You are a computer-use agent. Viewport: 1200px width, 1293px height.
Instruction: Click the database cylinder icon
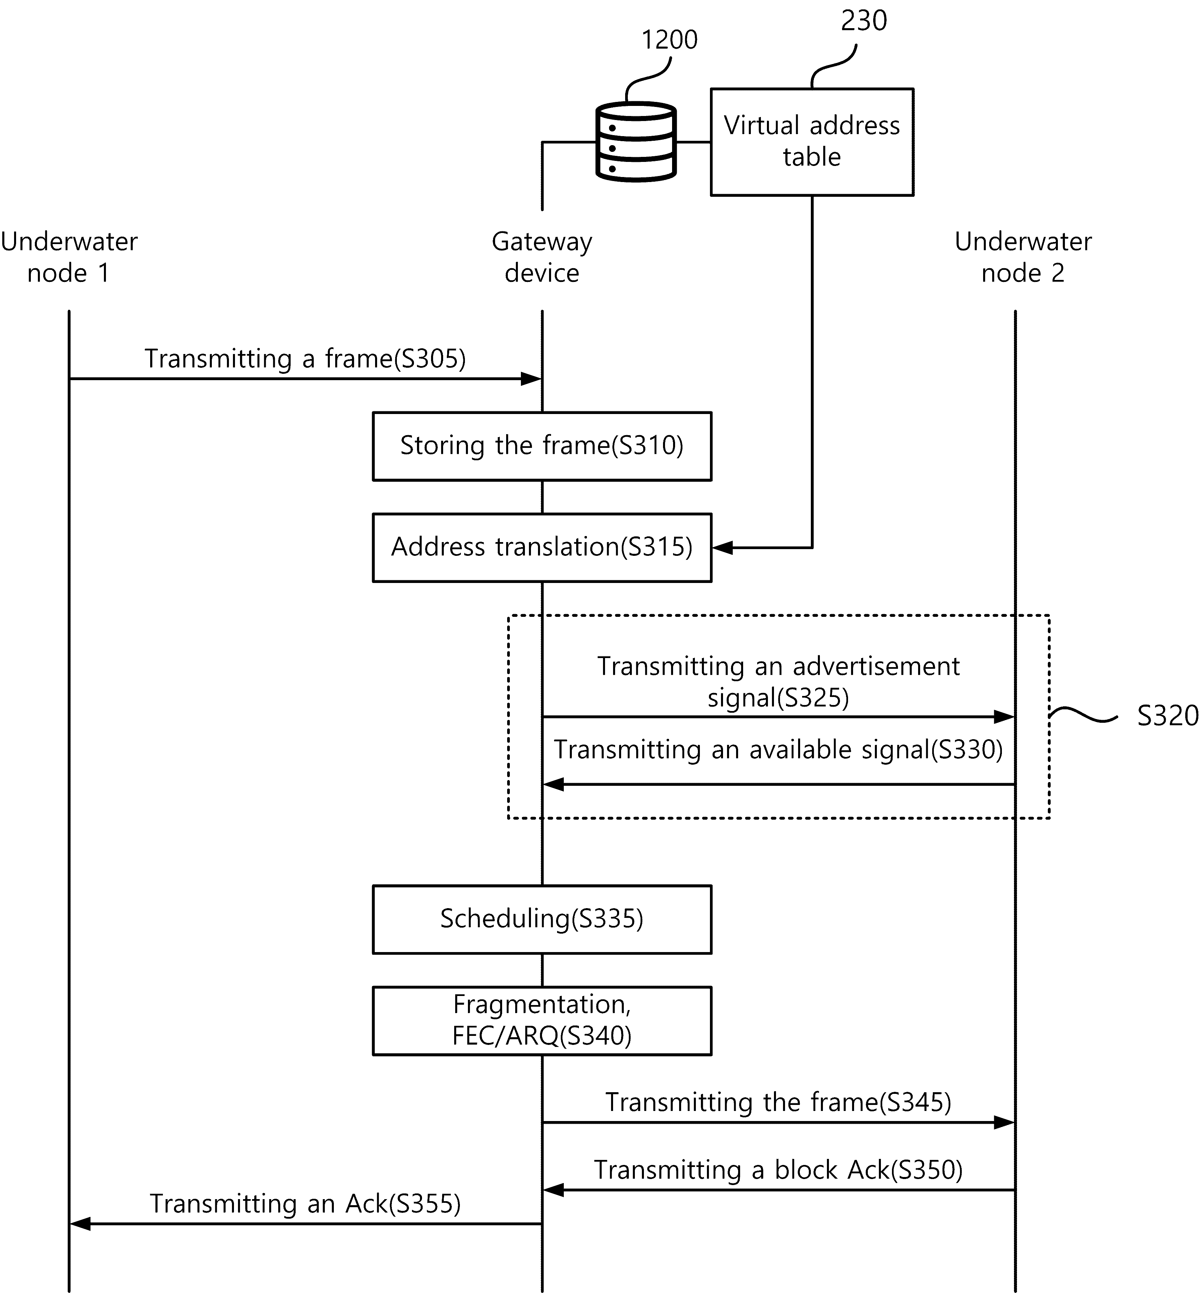[x=636, y=141]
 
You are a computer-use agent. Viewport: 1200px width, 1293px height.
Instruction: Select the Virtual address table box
[x=812, y=141]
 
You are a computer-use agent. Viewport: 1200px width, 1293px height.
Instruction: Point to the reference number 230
[x=864, y=21]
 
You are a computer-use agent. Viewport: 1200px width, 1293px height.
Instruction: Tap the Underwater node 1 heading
[x=69, y=257]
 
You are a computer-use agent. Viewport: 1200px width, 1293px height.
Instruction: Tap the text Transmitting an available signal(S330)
[x=778, y=750]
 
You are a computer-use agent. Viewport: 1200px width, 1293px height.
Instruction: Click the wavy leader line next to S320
[x=1083, y=716]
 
